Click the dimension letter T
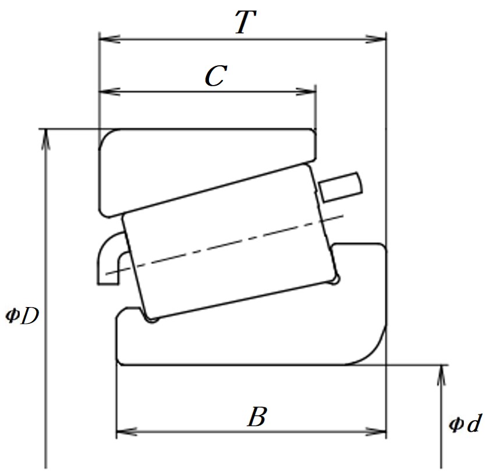[246, 22]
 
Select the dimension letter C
[216, 76]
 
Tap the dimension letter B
[257, 417]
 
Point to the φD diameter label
[23, 315]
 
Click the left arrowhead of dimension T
[109, 40]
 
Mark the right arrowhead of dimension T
[376, 40]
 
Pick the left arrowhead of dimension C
[109, 92]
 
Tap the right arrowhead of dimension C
[306, 92]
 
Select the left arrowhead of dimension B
[127, 432]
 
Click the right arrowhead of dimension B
[376, 432]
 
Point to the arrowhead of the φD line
[46, 139]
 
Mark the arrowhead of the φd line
[441, 375]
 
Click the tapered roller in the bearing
[230, 242]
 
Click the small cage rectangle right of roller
[341, 187]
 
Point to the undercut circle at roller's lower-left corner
[152, 319]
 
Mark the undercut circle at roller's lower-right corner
[335, 280]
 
